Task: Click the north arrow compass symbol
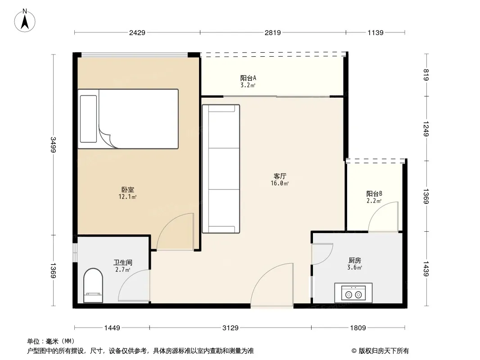pos(25,21)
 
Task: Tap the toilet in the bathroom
pos(93,285)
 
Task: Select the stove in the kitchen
pos(353,292)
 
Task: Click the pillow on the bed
pos(88,119)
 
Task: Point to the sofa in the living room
pos(221,169)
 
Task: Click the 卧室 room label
pos(127,189)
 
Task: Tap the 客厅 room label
pos(280,176)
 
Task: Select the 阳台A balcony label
pos(248,78)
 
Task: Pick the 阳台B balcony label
pos(374,193)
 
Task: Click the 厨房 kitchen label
pos(355,260)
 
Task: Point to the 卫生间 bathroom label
pos(123,262)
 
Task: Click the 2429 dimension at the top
pos(137,32)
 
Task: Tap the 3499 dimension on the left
pos(53,144)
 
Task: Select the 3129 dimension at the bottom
pos(230,328)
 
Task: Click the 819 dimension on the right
pos(426,75)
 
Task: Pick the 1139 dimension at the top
pos(375,32)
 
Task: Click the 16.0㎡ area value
pos(280,184)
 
